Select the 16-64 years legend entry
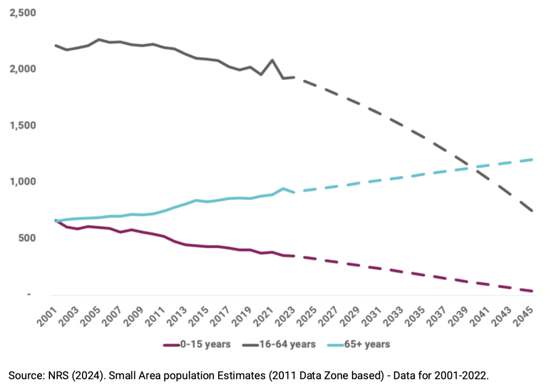(x=281, y=344)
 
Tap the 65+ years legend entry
(x=362, y=344)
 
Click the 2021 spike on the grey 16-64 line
(x=272, y=60)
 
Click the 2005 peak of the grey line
(x=99, y=39)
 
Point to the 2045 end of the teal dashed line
(x=532, y=160)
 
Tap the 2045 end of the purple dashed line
(x=532, y=291)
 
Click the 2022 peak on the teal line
(x=283, y=188)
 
